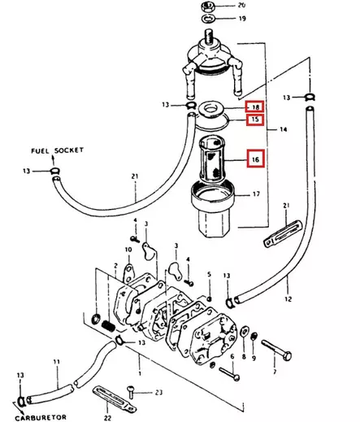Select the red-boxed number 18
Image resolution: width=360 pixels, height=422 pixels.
click(254, 107)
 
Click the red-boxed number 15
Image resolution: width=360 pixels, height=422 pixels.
click(254, 120)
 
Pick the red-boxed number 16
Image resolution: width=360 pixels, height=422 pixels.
click(254, 160)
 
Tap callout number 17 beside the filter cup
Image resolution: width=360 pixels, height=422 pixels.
click(255, 194)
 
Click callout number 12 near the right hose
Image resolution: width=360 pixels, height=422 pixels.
click(287, 300)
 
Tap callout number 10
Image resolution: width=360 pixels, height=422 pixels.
click(128, 249)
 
